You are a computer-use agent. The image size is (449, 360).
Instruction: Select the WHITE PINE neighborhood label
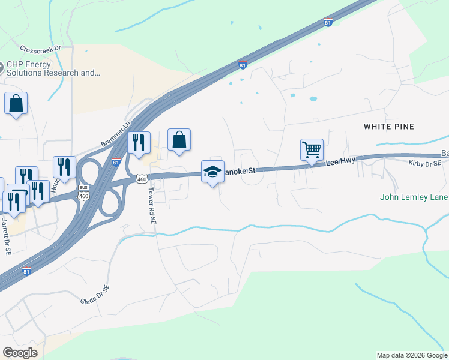pyautogui.click(x=389, y=127)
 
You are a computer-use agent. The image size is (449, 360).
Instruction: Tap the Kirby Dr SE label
pyautogui.click(x=424, y=163)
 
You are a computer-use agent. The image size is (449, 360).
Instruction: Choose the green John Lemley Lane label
pyautogui.click(x=414, y=196)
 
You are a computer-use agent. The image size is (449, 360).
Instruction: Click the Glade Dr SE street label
pyautogui.click(x=95, y=296)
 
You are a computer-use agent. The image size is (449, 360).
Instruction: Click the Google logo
pyautogui.click(x=20, y=353)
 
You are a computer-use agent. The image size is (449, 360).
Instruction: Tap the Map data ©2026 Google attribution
pyautogui.click(x=411, y=355)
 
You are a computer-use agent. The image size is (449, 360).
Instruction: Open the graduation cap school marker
pyautogui.click(x=212, y=172)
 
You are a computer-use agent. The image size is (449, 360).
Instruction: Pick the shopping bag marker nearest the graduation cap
pyautogui.click(x=179, y=140)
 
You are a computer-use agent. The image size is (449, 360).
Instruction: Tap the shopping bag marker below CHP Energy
pyautogui.click(x=16, y=104)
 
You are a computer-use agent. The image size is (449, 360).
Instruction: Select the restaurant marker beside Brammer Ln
pyautogui.click(x=139, y=143)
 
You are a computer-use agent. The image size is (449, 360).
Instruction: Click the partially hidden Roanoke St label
pyautogui.click(x=241, y=171)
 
